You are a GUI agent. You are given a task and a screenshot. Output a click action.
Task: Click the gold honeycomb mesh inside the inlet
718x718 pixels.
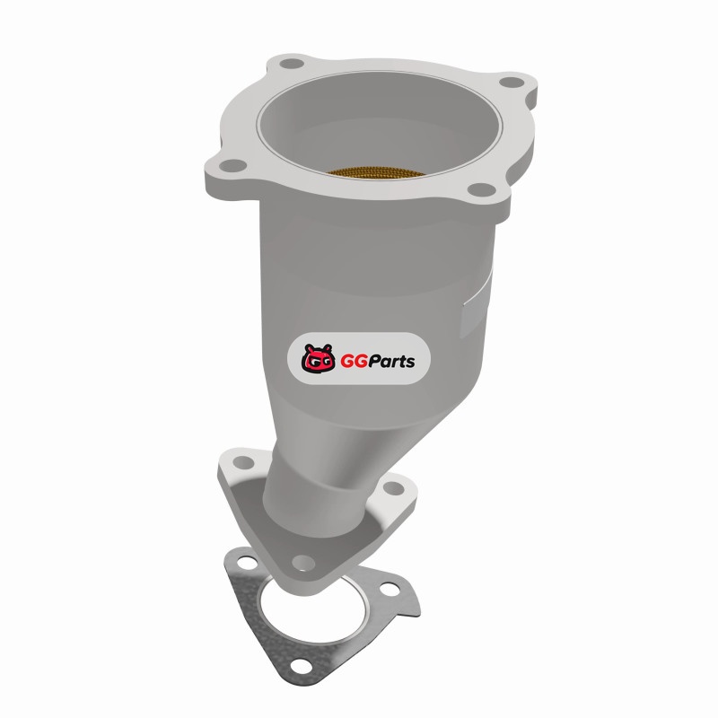pos(376,171)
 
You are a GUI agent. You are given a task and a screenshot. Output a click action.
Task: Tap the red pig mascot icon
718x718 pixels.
pos(319,358)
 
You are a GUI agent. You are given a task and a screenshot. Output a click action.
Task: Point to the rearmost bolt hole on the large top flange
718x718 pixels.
pos(291,63)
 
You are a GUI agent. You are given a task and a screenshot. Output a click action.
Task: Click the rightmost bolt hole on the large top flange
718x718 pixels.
pos(511,83)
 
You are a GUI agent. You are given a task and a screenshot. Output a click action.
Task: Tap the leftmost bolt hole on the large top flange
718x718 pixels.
pos(232,165)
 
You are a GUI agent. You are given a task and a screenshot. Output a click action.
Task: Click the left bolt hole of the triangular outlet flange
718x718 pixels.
pos(243,462)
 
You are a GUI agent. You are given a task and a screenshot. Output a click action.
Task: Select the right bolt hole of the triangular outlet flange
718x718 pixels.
pos(393,488)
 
